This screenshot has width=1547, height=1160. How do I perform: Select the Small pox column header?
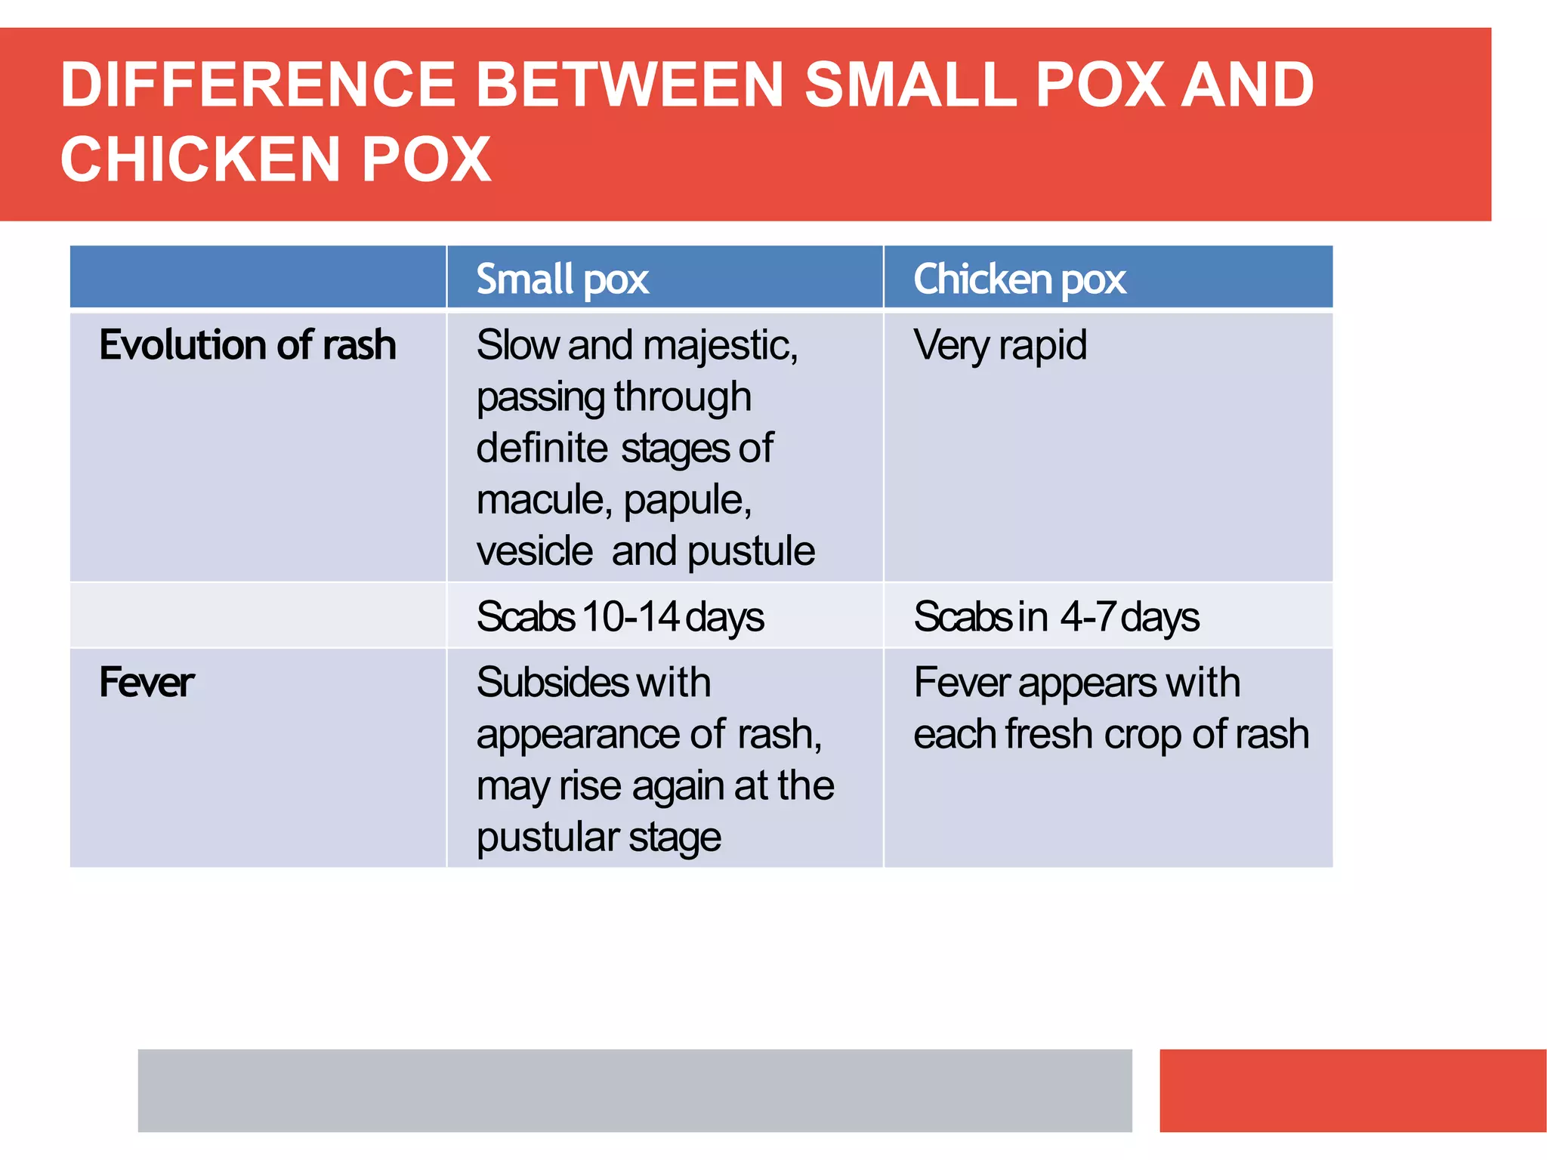coord(562,279)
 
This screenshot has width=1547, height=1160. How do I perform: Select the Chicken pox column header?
coord(1019,279)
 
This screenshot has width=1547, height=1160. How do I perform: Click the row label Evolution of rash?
coord(247,345)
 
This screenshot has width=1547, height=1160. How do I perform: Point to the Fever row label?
coord(147,683)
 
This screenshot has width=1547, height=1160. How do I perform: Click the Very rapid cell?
coord(999,345)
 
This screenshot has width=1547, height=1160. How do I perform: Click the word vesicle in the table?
coord(534,551)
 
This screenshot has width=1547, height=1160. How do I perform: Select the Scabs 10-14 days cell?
coord(619,617)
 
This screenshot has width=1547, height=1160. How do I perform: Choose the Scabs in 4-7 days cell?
coord(1055,617)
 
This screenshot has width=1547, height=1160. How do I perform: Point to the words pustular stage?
coord(598,838)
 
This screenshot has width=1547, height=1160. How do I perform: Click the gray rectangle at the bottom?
coord(635,1090)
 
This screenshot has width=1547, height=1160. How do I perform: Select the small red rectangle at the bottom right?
coord(1352,1090)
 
